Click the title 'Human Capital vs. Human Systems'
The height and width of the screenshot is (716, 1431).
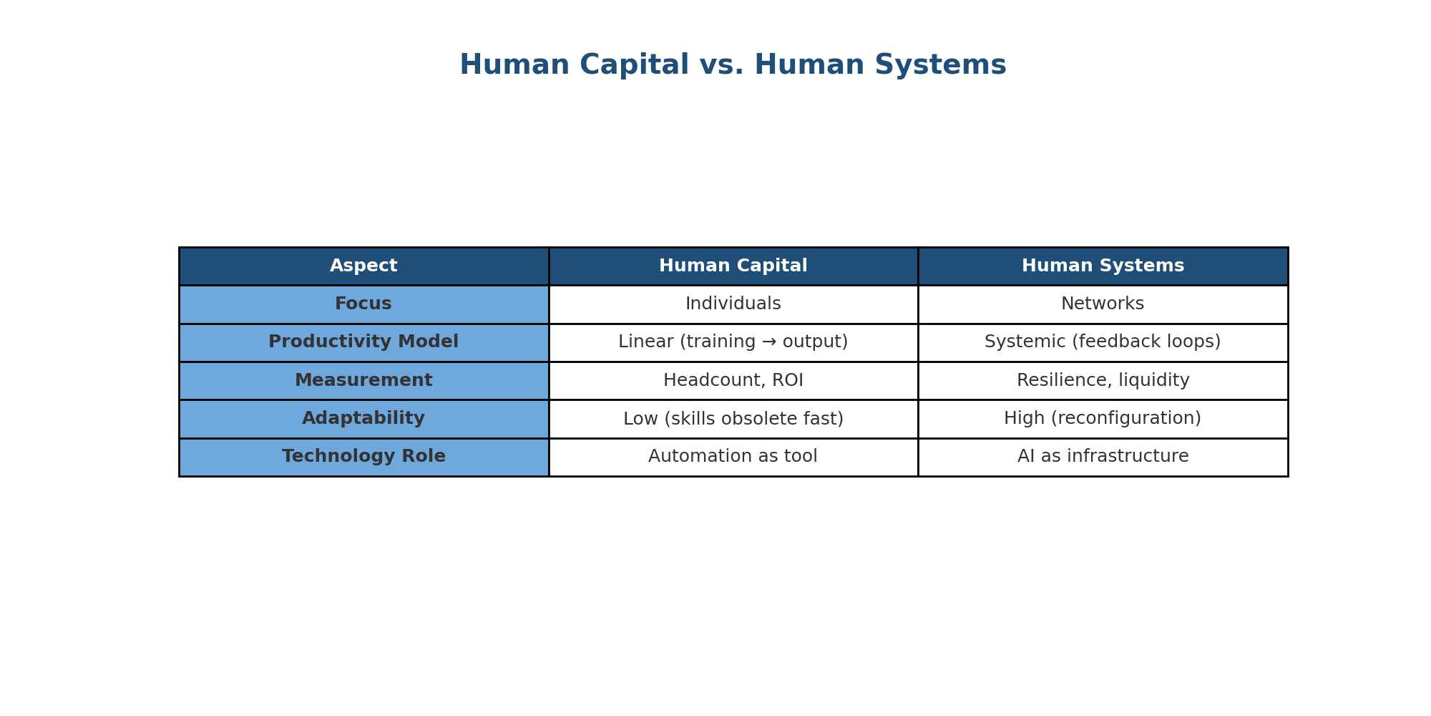(733, 65)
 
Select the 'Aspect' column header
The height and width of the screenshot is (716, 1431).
(363, 266)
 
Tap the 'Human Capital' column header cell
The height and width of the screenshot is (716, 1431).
(733, 266)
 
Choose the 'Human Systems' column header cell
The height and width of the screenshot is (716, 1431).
(1103, 266)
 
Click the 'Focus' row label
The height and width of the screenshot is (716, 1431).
(363, 304)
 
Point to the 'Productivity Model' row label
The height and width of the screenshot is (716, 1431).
(363, 342)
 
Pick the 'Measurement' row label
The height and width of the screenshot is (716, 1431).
(363, 381)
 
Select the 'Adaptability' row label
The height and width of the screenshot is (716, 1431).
(363, 419)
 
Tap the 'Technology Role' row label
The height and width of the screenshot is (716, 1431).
(363, 457)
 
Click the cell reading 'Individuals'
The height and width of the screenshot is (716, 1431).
(733, 304)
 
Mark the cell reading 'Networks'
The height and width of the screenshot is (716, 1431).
(1103, 304)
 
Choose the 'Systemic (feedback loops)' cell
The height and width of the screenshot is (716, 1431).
(1103, 342)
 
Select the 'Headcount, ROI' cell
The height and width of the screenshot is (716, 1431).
(733, 381)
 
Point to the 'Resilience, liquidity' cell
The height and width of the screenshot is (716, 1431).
(1103, 381)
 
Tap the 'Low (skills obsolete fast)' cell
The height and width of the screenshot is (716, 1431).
(733, 419)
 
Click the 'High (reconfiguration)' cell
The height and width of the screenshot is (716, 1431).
(1103, 419)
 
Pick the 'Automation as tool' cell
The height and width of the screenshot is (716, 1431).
(733, 457)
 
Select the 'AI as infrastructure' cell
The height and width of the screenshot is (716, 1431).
(1103, 457)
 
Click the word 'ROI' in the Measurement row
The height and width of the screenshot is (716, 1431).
(787, 381)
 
